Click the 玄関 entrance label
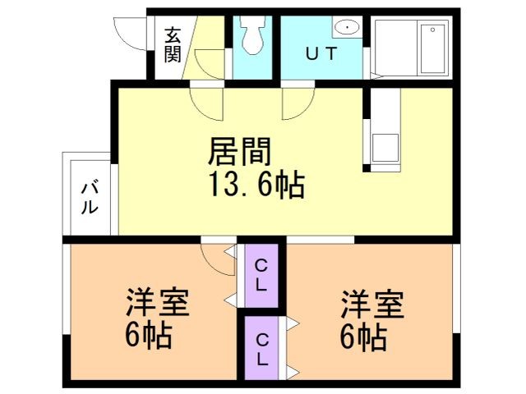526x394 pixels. [172, 44]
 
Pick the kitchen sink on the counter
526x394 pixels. [383, 148]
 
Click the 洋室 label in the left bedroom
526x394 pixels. [158, 304]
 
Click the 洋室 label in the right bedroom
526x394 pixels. [372, 304]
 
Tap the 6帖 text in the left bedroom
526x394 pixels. [149, 335]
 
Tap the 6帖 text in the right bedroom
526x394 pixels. [363, 335]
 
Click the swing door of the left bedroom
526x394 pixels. [217, 261]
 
